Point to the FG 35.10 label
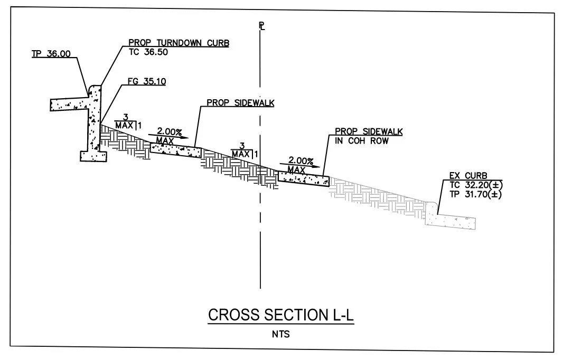pos(147,82)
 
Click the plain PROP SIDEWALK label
pos(240,103)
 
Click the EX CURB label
pos(468,175)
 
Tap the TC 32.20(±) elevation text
pos(475,185)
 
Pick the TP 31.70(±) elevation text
pos(475,194)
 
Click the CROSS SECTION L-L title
pos(280,315)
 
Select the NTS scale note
pos(281,334)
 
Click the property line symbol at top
pos(261,26)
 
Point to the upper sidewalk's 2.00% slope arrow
pos(164,136)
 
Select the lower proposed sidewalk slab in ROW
pos(303,178)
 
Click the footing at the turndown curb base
pos(94,156)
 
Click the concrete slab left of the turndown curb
pos(69,104)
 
